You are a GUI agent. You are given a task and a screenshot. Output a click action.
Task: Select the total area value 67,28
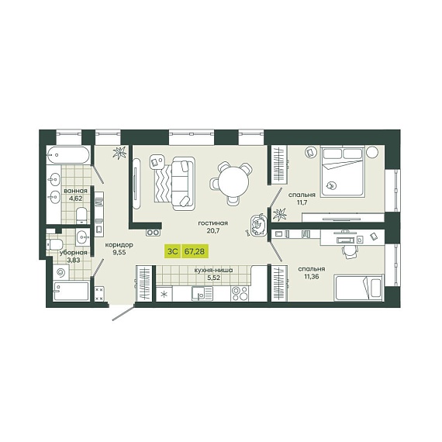(195, 251)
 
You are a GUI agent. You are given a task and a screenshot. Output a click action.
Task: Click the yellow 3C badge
(172, 251)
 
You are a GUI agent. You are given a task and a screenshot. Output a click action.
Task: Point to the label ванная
(75, 191)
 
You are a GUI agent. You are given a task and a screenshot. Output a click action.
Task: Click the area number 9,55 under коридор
(119, 253)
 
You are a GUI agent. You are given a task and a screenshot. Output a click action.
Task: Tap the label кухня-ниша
(213, 270)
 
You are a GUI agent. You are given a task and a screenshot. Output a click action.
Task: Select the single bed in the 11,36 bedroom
(358, 288)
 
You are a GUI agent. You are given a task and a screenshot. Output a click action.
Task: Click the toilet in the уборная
(55, 244)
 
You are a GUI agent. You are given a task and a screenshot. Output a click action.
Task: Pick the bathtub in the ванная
(68, 154)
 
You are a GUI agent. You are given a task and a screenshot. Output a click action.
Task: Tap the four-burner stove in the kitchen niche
(240, 293)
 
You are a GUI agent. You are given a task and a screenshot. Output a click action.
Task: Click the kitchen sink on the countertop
(202, 293)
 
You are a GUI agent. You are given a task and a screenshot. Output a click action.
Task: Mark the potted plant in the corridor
(119, 153)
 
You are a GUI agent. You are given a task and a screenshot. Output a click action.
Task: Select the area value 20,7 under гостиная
(213, 230)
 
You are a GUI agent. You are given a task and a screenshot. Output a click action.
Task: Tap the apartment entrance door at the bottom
(123, 313)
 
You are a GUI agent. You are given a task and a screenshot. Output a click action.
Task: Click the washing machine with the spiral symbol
(60, 272)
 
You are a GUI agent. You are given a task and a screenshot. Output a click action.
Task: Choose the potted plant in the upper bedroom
(279, 215)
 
